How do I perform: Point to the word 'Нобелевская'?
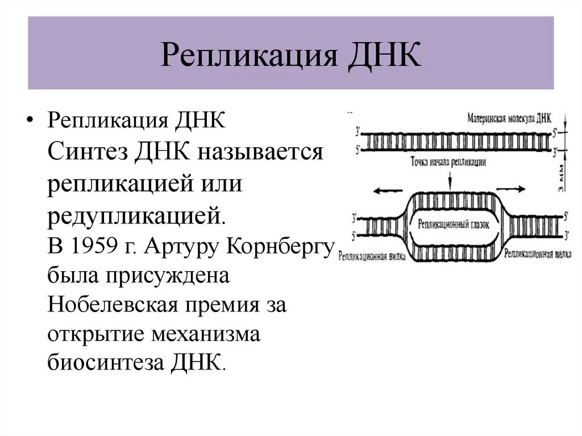pyautogui.click(x=110, y=306)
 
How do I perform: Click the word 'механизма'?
pyautogui.click(x=206, y=334)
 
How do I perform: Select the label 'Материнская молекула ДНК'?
pyautogui.click(x=509, y=119)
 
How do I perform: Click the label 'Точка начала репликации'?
pyautogui.click(x=448, y=161)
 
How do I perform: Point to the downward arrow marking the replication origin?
pyautogui.click(x=449, y=178)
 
